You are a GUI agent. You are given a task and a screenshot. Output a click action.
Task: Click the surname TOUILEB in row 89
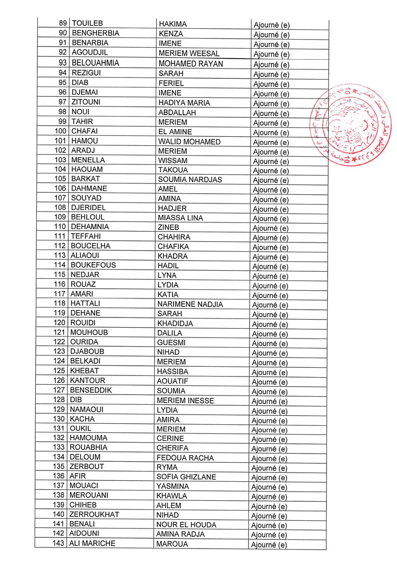pos(87,23)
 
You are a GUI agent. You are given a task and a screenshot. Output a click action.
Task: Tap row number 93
pos(62,63)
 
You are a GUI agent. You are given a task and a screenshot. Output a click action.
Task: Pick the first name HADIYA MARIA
pos(184,103)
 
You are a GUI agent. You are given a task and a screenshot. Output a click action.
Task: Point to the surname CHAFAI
pos(84,131)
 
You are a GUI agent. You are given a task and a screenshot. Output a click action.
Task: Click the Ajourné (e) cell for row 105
pos(271,180)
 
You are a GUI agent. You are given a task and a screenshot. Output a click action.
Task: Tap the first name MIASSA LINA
pos(180,218)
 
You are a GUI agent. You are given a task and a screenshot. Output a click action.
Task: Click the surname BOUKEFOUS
pos(93,265)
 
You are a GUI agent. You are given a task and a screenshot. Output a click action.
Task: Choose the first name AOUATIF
pos(175,381)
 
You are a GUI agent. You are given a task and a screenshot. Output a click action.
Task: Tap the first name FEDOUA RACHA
pos(185,458)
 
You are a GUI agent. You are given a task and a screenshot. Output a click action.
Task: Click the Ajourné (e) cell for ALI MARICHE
pos(270,544)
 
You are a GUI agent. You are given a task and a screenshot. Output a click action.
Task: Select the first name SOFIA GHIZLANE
pos(186,477)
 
